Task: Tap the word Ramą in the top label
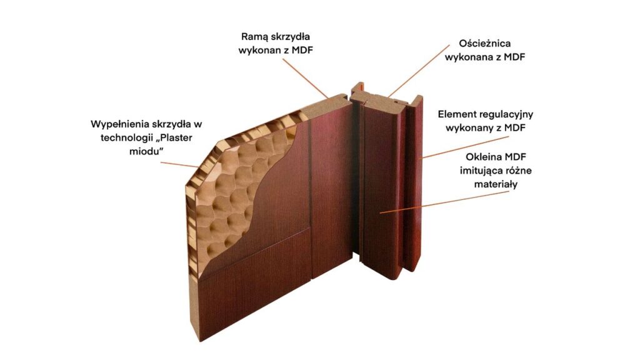click(x=256, y=36)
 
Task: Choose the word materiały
click(x=491, y=185)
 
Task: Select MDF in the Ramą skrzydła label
click(x=300, y=51)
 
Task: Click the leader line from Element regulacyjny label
click(x=450, y=147)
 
